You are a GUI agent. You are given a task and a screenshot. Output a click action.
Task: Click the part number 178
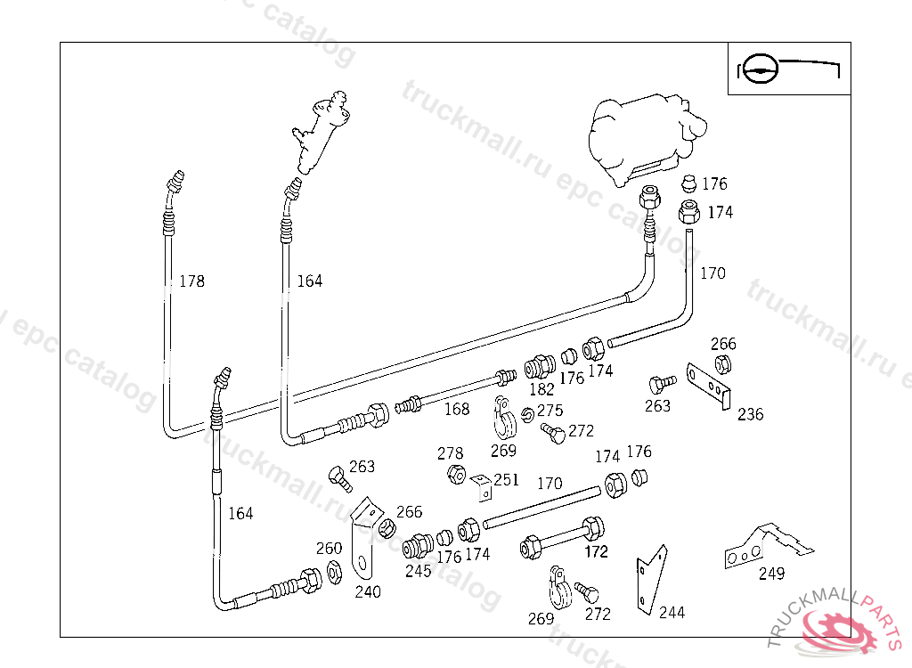point(191,281)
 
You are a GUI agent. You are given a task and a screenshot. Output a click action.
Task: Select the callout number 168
point(457,409)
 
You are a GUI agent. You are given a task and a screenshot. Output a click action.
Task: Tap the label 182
point(541,389)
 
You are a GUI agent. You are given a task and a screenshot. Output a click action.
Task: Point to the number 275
point(550,411)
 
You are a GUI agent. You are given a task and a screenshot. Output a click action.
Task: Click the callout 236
point(751,414)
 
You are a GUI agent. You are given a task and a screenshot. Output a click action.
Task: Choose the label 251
point(506,480)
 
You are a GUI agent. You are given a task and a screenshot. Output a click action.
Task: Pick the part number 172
point(596,551)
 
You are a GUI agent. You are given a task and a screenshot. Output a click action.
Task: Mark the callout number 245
point(418,571)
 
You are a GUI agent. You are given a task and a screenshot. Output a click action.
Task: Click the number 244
point(672,612)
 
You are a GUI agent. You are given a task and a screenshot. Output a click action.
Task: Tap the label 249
point(771,574)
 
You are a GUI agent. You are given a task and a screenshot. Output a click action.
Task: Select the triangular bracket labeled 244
point(650,578)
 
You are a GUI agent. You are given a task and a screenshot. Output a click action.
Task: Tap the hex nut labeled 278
point(454,474)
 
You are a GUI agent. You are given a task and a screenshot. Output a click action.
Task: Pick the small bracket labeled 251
point(482,487)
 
